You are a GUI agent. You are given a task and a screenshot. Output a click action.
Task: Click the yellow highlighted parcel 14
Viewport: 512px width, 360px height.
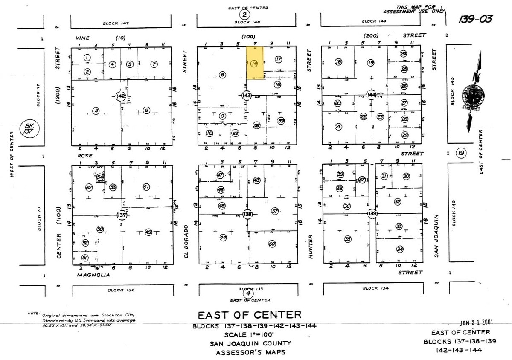click(x=255, y=63)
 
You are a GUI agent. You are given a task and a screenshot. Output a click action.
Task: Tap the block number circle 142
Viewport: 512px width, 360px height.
click(x=121, y=96)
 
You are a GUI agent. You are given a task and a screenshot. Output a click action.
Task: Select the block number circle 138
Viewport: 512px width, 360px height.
click(x=247, y=213)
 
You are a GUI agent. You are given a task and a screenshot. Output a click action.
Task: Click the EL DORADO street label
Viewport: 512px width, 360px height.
click(x=186, y=242)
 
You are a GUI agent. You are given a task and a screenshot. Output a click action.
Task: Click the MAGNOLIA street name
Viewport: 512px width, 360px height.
click(x=93, y=275)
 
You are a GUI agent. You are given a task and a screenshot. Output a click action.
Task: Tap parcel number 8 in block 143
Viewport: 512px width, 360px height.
click(x=222, y=75)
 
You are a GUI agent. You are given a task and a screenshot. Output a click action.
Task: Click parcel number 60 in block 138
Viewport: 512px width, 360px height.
click(x=272, y=244)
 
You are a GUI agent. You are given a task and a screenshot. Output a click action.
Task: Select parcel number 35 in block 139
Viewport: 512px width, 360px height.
click(x=348, y=239)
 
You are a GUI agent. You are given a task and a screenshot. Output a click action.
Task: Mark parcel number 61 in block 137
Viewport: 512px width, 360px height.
click(x=146, y=187)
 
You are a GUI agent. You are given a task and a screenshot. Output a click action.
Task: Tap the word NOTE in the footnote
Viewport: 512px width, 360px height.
click(x=33, y=314)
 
